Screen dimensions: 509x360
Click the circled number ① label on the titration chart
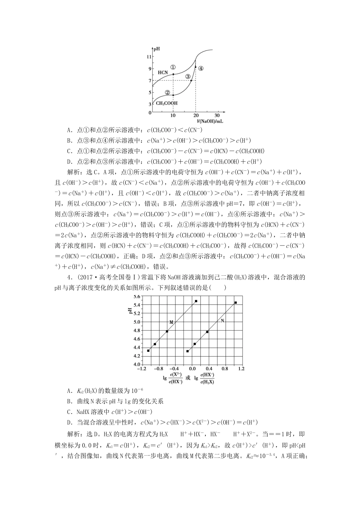[x=173, y=67]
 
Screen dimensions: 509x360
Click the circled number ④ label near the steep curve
[x=201, y=69]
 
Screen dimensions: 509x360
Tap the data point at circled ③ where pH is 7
[x=191, y=80]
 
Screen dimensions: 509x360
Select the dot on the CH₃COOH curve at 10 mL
[x=173, y=95]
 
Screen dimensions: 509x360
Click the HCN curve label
[x=163, y=72]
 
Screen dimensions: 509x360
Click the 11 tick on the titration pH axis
[x=149, y=56]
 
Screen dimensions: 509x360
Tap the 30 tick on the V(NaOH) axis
[x=217, y=115]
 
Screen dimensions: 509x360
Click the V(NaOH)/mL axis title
[x=210, y=121]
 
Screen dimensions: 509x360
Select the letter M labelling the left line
[x=171, y=322]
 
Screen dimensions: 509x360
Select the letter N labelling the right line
[x=222, y=320]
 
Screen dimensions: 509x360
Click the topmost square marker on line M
[x=196, y=301]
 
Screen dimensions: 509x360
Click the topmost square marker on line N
[x=236, y=303]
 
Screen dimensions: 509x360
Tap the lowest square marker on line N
[x=188, y=351]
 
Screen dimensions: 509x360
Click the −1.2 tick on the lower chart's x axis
[x=141, y=368]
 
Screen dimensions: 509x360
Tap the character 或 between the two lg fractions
[x=188, y=378]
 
